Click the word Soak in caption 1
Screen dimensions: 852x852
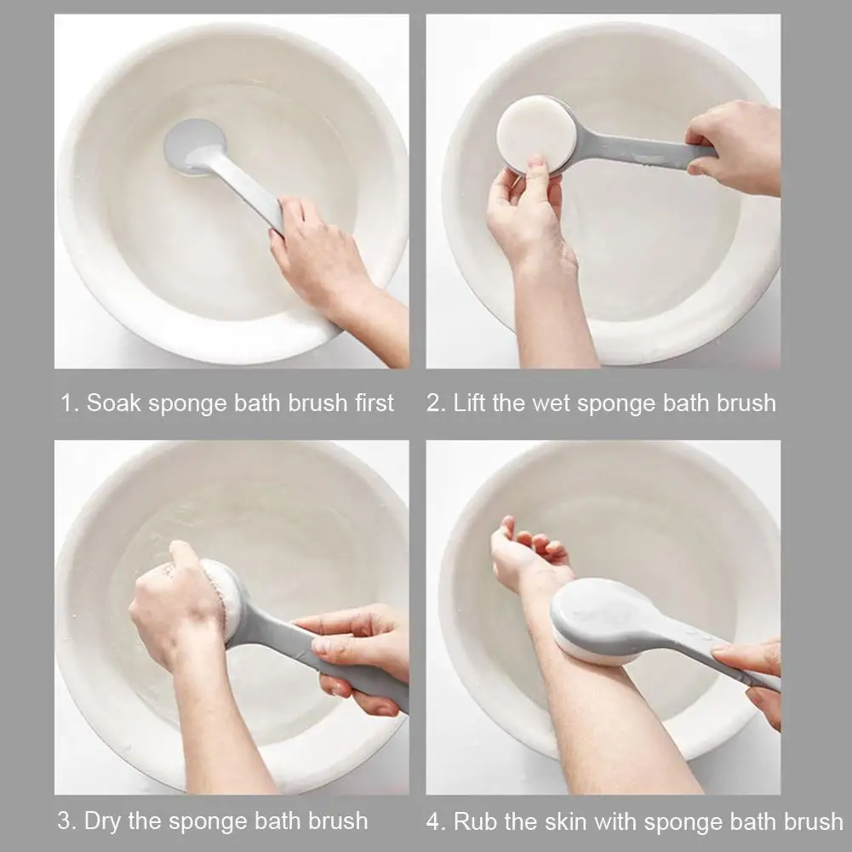[115, 403]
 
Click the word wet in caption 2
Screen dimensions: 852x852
[552, 403]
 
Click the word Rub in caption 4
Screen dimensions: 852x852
[473, 821]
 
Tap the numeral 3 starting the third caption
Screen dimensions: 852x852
[65, 821]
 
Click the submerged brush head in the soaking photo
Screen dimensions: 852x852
[194, 145]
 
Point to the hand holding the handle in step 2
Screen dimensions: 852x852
[736, 145]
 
